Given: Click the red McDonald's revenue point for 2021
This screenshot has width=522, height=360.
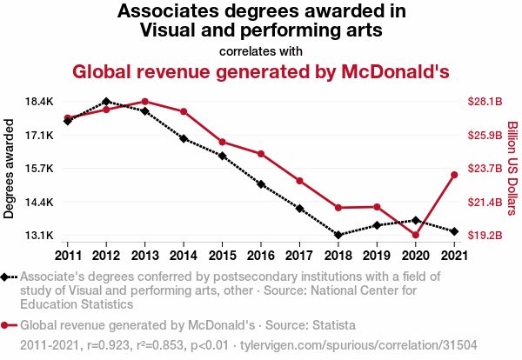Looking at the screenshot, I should click(x=454, y=175).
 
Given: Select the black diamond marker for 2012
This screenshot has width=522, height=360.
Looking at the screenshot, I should click(x=106, y=102).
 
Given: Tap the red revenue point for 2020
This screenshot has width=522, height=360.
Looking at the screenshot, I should click(x=416, y=235).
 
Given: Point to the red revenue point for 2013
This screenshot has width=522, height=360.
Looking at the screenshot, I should click(x=144, y=102).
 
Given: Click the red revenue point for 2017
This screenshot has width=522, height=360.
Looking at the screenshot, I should click(x=299, y=181).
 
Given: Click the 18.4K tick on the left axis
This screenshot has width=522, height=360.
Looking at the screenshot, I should click(x=40, y=102).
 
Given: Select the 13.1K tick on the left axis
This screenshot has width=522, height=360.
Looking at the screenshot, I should click(x=40, y=235).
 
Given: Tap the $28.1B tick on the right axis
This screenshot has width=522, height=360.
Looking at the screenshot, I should click(x=485, y=102).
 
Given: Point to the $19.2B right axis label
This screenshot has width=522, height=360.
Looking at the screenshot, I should click(x=485, y=235).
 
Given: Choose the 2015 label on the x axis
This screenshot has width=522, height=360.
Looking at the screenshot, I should click(x=222, y=256).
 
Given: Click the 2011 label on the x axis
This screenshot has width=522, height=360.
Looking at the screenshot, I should click(x=67, y=256).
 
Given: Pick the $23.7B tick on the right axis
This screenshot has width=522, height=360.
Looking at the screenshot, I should click(x=485, y=169).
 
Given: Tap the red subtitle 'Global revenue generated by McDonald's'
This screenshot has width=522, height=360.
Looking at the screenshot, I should click(x=261, y=71).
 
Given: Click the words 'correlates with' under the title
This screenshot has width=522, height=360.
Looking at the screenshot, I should click(x=261, y=50).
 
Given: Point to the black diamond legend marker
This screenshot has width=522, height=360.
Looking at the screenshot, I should click(x=6, y=277).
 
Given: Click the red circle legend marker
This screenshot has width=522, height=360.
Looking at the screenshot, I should click(x=6, y=326).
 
